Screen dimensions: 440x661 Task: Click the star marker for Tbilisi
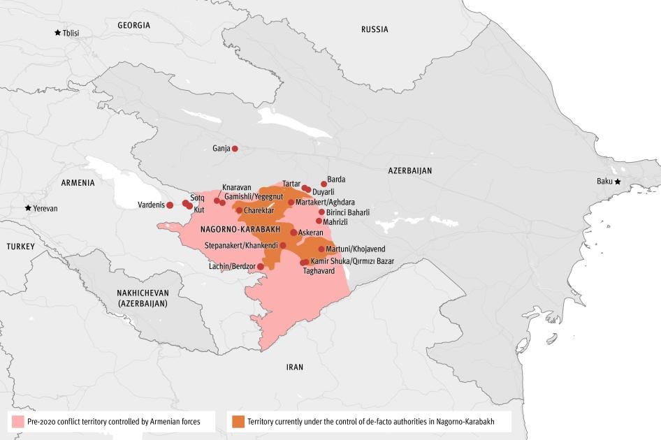coord(57,33)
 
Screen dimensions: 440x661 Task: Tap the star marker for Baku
coord(617,182)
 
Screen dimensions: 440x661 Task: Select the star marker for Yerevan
coord(28,208)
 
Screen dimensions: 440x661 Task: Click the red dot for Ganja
coord(235,149)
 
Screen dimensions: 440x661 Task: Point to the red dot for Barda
coord(324,184)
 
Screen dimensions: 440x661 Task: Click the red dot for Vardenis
coord(170,205)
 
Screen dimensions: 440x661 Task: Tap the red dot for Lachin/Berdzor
coord(261,267)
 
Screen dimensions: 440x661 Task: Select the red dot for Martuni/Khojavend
coord(321,249)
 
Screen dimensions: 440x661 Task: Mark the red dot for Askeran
coord(293,233)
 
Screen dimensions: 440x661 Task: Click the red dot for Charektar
coord(239,210)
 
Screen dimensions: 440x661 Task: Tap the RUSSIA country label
coord(375,29)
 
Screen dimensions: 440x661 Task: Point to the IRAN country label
coord(295,367)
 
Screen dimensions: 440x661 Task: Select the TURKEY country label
coord(20,247)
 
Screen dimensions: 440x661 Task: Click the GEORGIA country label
coord(133,25)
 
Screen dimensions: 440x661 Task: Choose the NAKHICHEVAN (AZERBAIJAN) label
coord(143,298)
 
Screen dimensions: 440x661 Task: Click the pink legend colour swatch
coord(17,421)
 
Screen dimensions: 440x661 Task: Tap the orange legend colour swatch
coord(238,421)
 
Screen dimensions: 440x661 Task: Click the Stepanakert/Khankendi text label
coord(241,246)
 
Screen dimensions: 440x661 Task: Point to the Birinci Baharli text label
coord(348,212)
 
